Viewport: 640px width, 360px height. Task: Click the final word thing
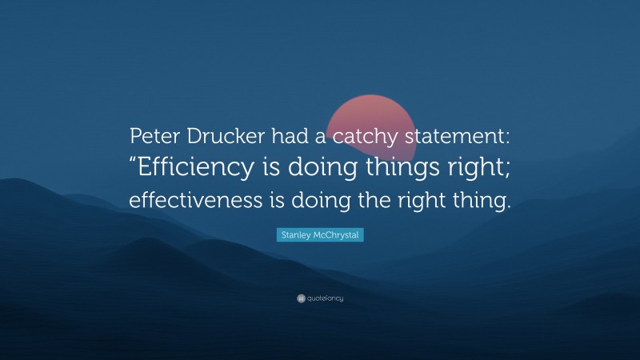pos(482,202)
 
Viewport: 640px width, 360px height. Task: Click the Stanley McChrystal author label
pos(320,235)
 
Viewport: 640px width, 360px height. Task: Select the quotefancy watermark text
pos(325,298)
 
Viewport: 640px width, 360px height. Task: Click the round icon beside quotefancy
pos(301,298)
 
